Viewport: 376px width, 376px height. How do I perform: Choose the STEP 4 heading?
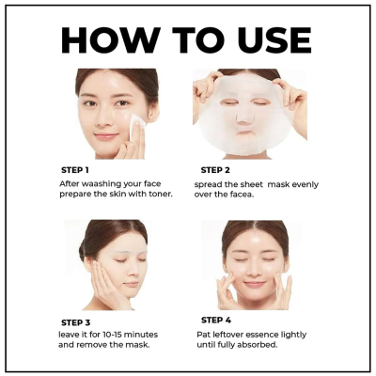pyautogui.click(x=221, y=320)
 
